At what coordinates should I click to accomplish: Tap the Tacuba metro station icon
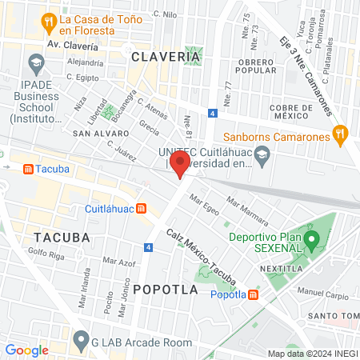click(x=29, y=170)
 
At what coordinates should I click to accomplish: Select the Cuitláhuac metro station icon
click(x=142, y=209)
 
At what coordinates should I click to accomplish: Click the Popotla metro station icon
click(x=254, y=294)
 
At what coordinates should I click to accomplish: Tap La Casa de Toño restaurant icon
click(x=50, y=20)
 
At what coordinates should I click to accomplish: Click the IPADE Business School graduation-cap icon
click(x=35, y=62)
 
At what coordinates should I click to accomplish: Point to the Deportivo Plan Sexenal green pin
click(x=314, y=238)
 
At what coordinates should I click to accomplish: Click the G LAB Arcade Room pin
click(x=80, y=340)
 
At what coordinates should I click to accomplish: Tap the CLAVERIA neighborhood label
click(x=165, y=57)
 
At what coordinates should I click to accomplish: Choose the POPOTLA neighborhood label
click(x=165, y=290)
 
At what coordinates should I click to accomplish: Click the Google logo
click(x=27, y=350)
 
